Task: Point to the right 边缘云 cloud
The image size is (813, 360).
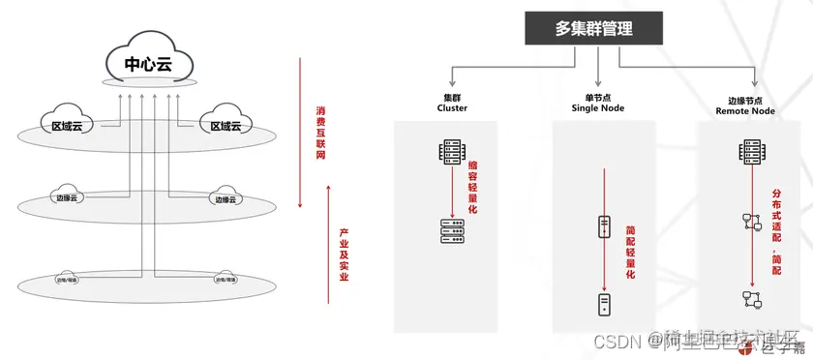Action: (224, 197)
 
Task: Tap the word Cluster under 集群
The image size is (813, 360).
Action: (452, 109)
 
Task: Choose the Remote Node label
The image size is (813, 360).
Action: (745, 111)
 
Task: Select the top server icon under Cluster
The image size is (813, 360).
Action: (451, 152)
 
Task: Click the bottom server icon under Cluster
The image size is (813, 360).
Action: (451, 229)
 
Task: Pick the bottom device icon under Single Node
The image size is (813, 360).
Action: (602, 305)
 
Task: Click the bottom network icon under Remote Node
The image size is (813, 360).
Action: (748, 297)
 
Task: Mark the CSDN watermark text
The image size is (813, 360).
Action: (617, 340)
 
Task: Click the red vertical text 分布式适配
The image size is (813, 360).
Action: (775, 228)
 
